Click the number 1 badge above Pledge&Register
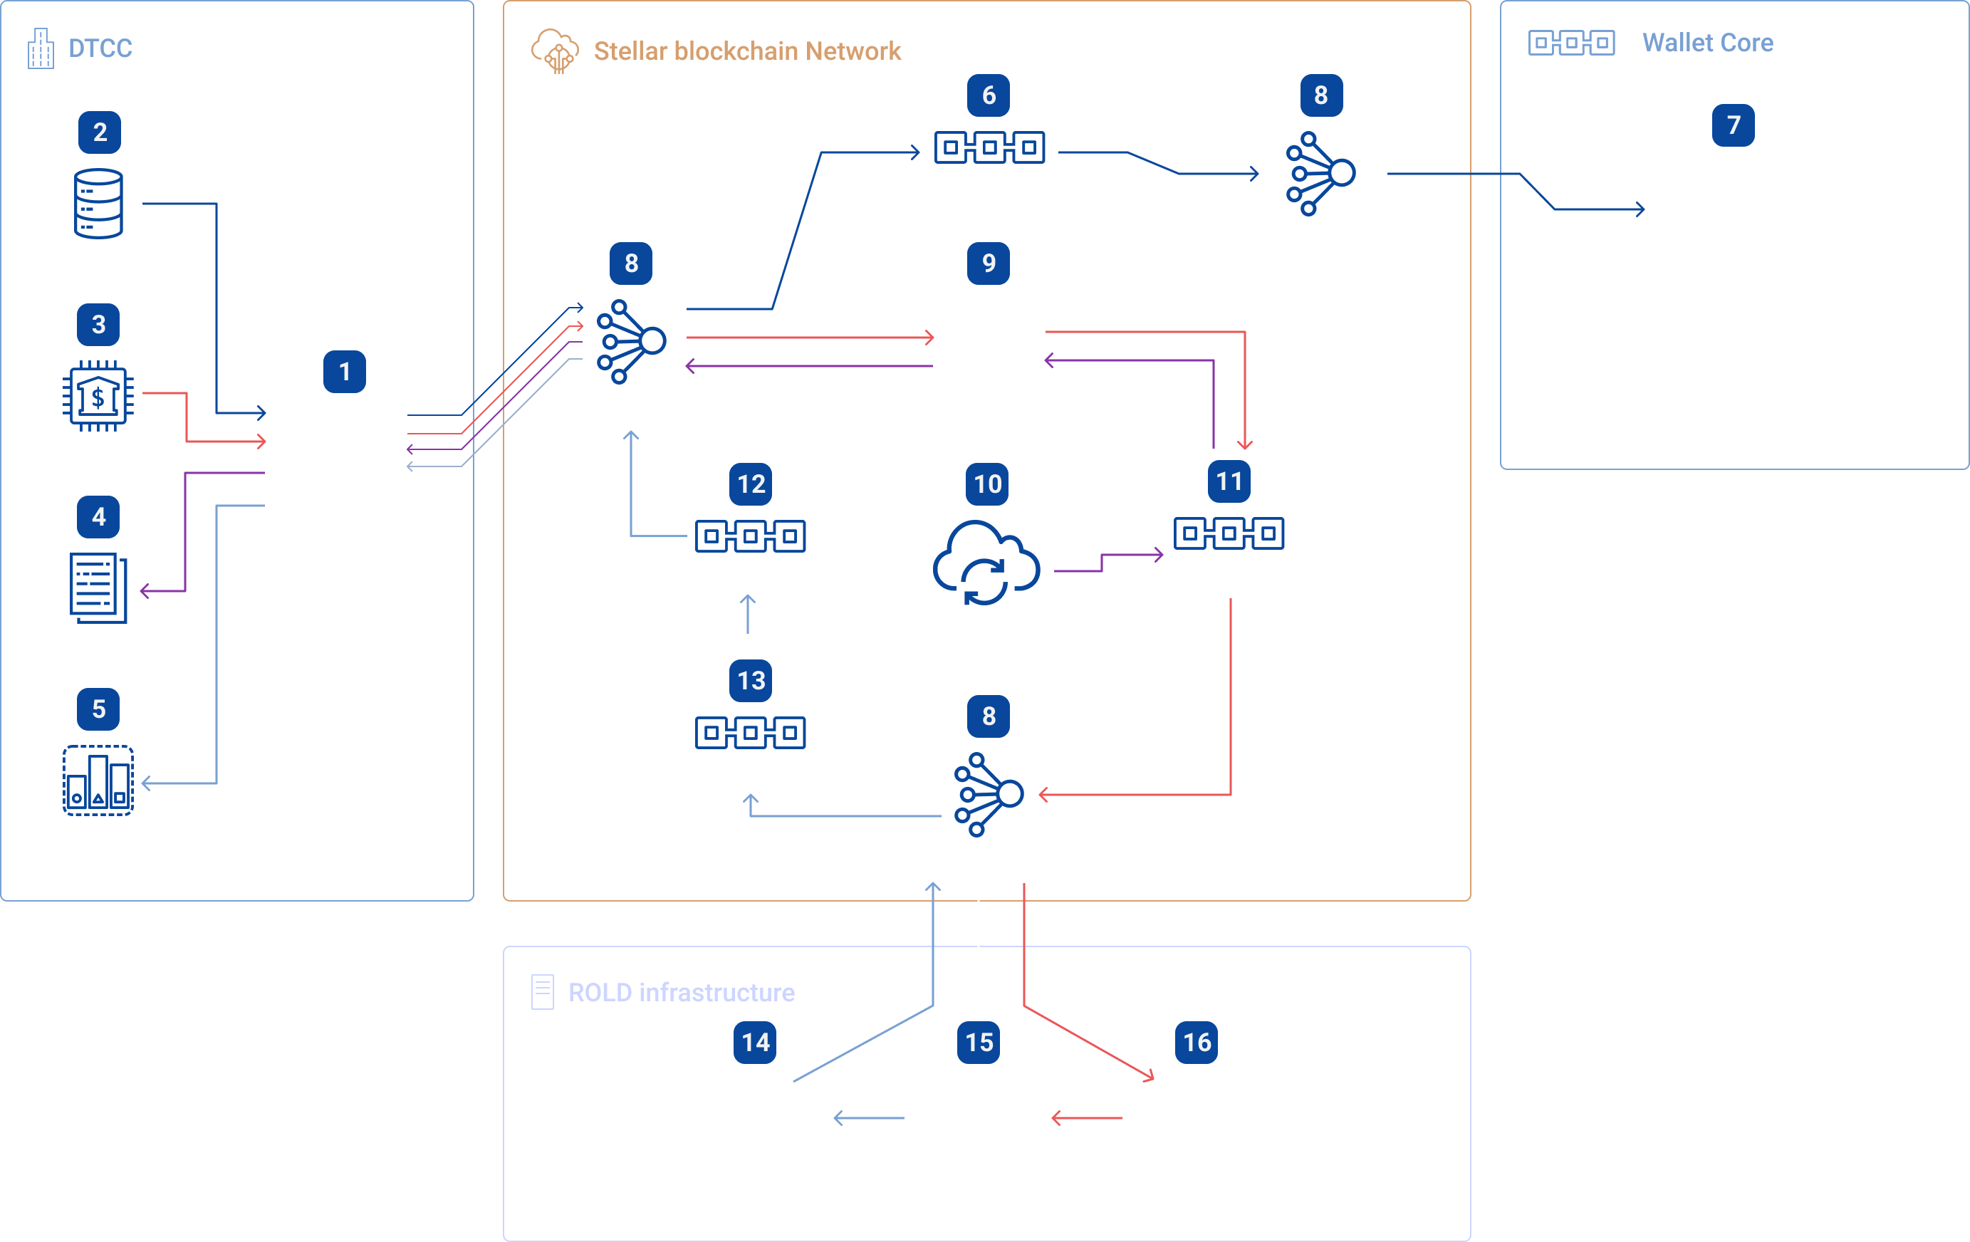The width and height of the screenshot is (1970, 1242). click(x=345, y=372)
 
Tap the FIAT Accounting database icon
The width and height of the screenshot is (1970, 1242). click(x=99, y=203)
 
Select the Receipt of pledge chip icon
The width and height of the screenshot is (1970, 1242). click(x=98, y=396)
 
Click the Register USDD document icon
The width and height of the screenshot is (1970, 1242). click(x=98, y=588)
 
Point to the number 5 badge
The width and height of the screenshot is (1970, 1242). click(x=98, y=709)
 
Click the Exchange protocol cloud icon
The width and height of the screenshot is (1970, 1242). click(x=986, y=564)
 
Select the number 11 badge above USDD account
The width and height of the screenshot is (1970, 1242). click(x=1229, y=481)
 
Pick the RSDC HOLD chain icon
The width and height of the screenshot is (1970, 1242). click(x=750, y=732)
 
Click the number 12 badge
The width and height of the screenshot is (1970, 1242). click(x=751, y=484)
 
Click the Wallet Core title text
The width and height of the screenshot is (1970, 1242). click(x=1707, y=43)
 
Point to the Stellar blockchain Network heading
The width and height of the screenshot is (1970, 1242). click(x=747, y=51)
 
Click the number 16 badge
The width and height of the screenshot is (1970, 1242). click(x=1196, y=1043)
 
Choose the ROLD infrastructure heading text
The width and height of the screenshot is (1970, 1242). click(x=681, y=993)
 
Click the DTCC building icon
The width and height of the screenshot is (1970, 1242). click(x=40, y=49)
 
